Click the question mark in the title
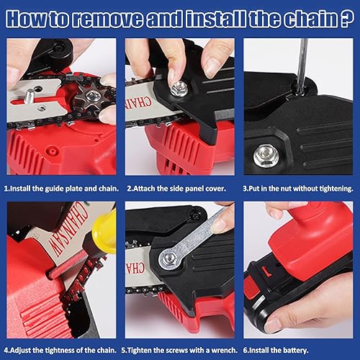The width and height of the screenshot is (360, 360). point(347,19)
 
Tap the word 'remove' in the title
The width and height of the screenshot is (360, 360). point(108,19)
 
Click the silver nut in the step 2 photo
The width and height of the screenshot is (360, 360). point(179,89)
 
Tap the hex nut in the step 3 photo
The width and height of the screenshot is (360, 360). point(266,156)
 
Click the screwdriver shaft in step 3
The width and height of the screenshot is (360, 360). point(302,65)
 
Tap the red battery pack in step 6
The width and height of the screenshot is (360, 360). point(312,243)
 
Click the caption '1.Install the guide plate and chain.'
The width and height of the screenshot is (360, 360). point(61,189)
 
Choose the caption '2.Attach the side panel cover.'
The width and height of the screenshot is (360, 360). point(176,189)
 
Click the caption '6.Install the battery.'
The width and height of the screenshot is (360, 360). point(276,350)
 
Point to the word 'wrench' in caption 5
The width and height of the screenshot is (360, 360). point(223,350)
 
